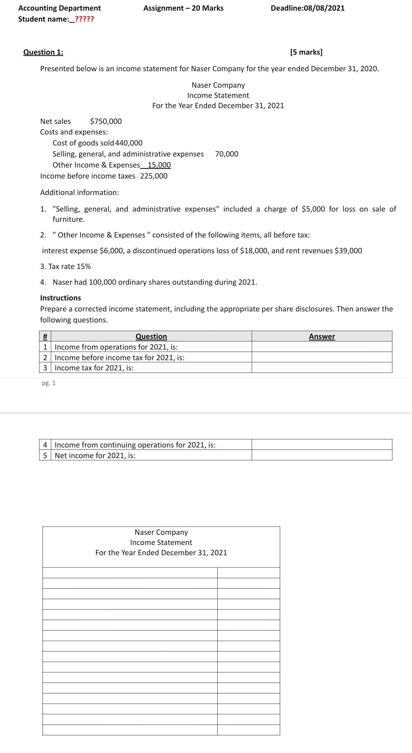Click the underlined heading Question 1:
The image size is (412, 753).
click(x=43, y=52)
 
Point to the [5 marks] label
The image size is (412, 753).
click(x=306, y=52)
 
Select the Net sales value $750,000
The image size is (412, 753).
click(x=106, y=122)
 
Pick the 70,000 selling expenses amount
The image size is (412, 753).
click(x=227, y=154)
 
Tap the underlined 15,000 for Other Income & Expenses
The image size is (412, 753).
click(x=159, y=165)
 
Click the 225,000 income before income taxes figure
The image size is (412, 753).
click(x=154, y=176)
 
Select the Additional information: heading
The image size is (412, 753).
click(x=79, y=193)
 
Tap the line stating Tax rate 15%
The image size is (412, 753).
click(x=65, y=267)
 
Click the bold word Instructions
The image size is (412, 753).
click(x=61, y=298)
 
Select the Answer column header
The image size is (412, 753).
click(x=321, y=337)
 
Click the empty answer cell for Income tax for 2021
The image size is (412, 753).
click(x=321, y=368)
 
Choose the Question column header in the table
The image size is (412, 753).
click(x=151, y=337)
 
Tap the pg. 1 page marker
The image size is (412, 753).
click(x=49, y=383)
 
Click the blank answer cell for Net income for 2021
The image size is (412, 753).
click(x=321, y=456)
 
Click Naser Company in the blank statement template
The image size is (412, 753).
click(x=161, y=532)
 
